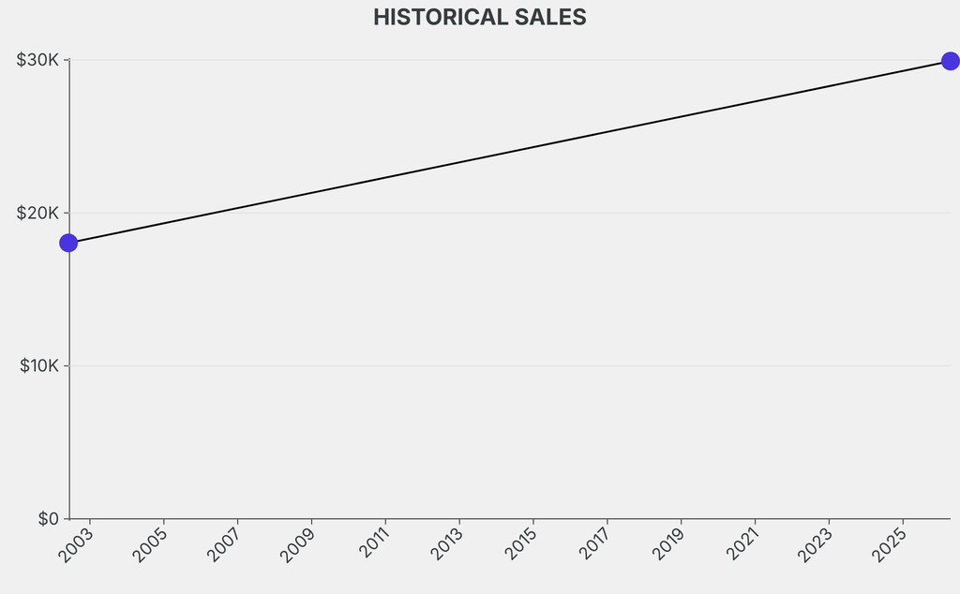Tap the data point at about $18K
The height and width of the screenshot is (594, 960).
pos(68,243)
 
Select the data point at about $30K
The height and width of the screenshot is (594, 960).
pos(950,61)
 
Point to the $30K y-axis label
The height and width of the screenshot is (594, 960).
pos(37,60)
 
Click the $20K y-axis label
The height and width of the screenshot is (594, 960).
pos(37,213)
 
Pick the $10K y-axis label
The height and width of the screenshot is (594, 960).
pos(39,365)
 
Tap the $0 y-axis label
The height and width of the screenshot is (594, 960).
pos(49,518)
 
